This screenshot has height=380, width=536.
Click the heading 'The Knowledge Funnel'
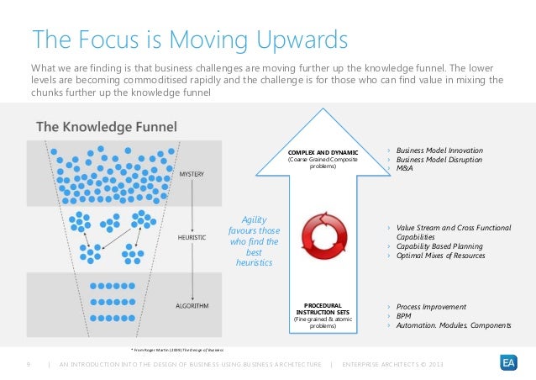(x=105, y=127)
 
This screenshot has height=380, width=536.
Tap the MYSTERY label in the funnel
(x=191, y=175)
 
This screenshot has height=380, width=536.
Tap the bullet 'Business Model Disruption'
(x=438, y=158)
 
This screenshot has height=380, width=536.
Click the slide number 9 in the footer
(x=29, y=363)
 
